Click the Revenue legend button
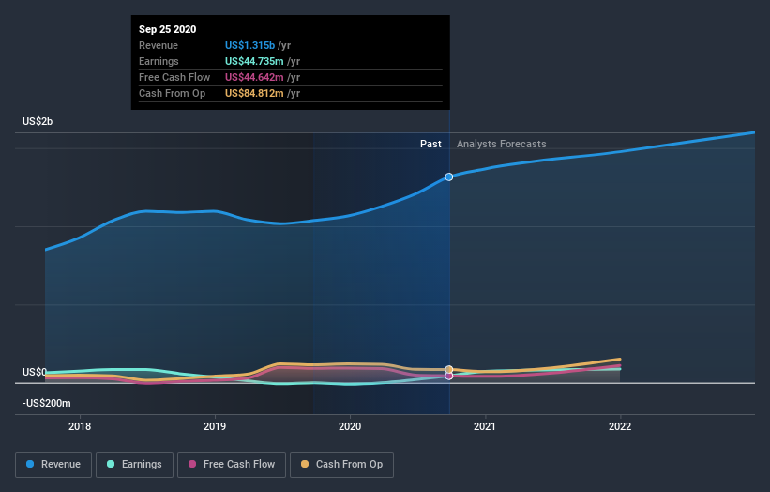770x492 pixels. [54, 464]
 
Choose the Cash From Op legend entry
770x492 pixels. [343, 464]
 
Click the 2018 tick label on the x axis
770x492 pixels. [81, 425]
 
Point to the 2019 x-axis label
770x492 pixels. [216, 425]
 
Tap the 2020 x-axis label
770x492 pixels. [351, 425]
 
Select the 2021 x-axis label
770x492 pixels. [486, 425]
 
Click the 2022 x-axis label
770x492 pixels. [620, 425]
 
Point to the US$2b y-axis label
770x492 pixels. [39, 122]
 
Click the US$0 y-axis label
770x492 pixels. [36, 372]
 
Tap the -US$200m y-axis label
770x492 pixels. [47, 403]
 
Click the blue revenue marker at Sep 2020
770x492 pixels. [449, 177]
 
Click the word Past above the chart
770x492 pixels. [430, 144]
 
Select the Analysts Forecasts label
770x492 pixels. [501, 144]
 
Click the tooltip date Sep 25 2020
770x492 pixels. [168, 29]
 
